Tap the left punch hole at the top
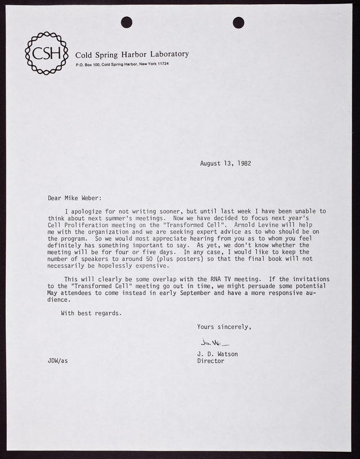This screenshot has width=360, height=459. click(x=127, y=22)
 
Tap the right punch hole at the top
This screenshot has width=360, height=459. click(x=238, y=22)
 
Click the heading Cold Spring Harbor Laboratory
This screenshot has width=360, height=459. click(x=132, y=55)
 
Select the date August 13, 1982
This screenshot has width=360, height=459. click(x=225, y=164)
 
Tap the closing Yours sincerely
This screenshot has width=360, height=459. click(x=224, y=327)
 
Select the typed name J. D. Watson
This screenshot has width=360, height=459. click(x=217, y=354)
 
